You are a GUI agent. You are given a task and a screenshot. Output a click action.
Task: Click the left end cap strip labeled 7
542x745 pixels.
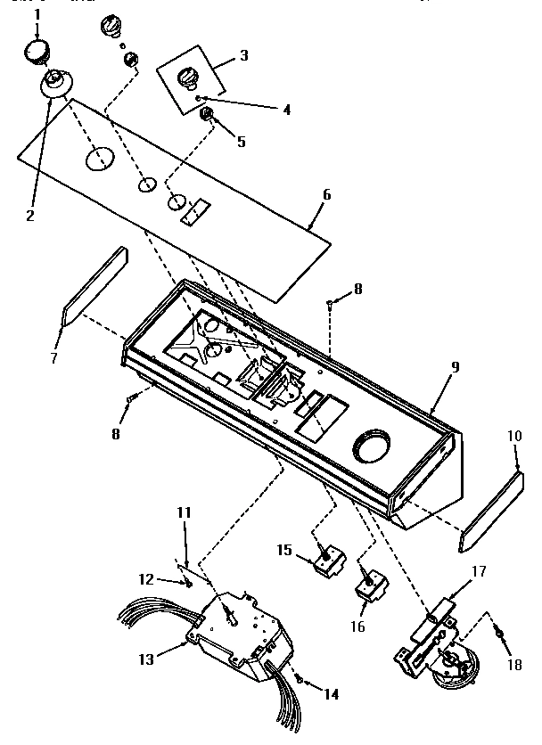94,284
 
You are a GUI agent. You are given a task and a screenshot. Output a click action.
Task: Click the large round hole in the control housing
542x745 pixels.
374,446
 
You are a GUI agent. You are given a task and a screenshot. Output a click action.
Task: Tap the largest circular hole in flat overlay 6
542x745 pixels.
100,160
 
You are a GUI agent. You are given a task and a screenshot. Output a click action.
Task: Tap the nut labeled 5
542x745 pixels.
206,114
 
